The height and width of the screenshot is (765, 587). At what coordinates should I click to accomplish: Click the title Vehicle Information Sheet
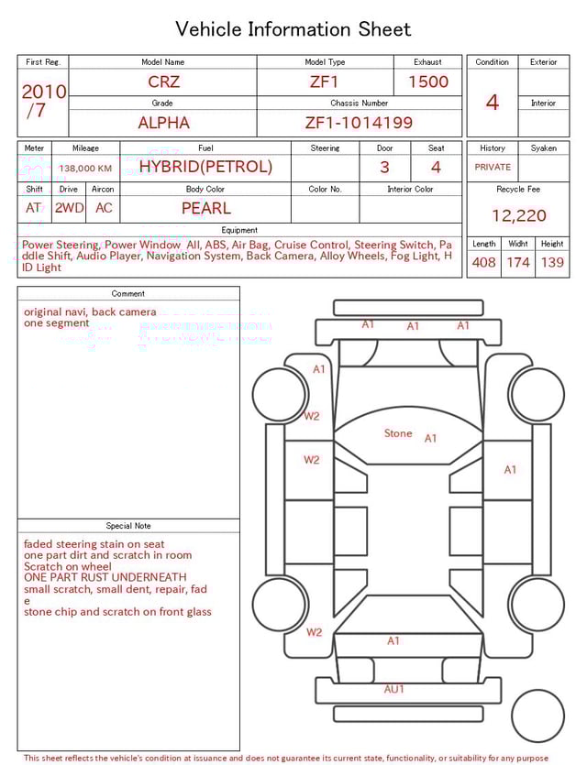(293, 29)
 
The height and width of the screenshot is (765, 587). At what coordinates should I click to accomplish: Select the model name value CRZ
(164, 82)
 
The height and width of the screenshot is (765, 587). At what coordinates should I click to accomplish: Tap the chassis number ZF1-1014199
(359, 122)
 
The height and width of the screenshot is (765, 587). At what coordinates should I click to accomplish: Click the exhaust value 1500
(428, 82)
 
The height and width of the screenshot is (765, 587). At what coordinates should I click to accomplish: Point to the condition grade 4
(492, 102)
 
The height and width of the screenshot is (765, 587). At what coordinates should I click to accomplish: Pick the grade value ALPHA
(163, 122)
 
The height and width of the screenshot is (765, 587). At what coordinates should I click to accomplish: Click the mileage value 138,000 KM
(85, 169)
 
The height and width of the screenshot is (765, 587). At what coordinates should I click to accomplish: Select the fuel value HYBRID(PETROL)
(205, 167)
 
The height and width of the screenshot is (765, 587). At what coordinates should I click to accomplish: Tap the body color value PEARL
(205, 208)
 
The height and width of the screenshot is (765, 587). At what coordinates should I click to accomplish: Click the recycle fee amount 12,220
(518, 215)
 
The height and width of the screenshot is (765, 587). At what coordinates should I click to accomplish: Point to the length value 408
(483, 263)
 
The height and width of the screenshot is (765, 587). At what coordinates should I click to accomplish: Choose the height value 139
(552, 263)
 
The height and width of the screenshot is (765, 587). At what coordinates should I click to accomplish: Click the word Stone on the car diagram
(398, 433)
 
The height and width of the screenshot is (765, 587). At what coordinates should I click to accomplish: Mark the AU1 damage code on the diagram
(393, 689)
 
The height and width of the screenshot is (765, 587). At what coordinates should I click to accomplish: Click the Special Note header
(128, 526)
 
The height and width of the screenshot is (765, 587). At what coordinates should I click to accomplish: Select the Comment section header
(128, 294)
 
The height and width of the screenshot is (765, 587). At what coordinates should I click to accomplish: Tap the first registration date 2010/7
(43, 101)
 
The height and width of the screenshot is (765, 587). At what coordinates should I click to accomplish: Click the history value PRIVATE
(493, 168)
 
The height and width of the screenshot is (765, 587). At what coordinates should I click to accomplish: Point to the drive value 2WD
(69, 208)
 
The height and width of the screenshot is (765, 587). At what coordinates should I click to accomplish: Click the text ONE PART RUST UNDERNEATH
(105, 578)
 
